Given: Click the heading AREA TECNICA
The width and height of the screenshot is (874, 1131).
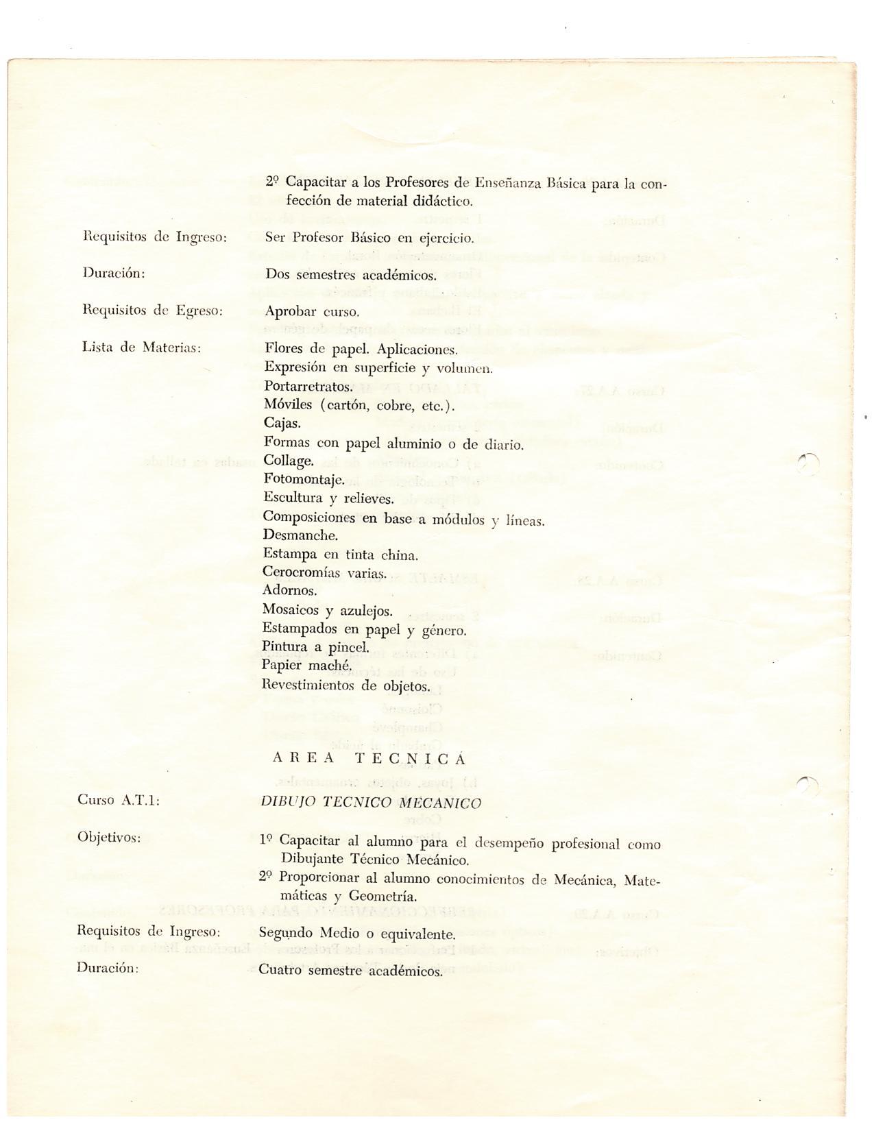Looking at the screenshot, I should pos(369,758).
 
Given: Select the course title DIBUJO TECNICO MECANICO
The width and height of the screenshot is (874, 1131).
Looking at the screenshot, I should pos(371,803).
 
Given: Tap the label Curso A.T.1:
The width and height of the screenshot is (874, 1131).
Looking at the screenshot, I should pos(119,799).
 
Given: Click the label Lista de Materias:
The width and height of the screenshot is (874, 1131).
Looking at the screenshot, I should pos(141,347).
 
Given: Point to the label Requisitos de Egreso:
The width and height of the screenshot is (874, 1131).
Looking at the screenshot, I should pos(152,310).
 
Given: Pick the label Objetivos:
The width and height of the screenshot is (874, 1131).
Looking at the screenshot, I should pos(109,837).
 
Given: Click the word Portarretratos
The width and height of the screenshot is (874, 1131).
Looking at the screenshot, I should pos(308,387).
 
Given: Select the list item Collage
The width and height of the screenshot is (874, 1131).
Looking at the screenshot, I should pos(289,461).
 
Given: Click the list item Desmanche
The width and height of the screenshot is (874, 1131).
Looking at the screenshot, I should pos(300,535).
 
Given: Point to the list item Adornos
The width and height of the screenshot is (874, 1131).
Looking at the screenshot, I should pos(289,590).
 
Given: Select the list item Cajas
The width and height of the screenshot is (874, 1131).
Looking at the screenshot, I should pos(282,423).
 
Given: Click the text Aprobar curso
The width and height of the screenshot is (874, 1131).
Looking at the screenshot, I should pos(312,312).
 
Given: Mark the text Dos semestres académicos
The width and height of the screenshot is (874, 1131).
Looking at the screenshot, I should pos(350,276).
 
